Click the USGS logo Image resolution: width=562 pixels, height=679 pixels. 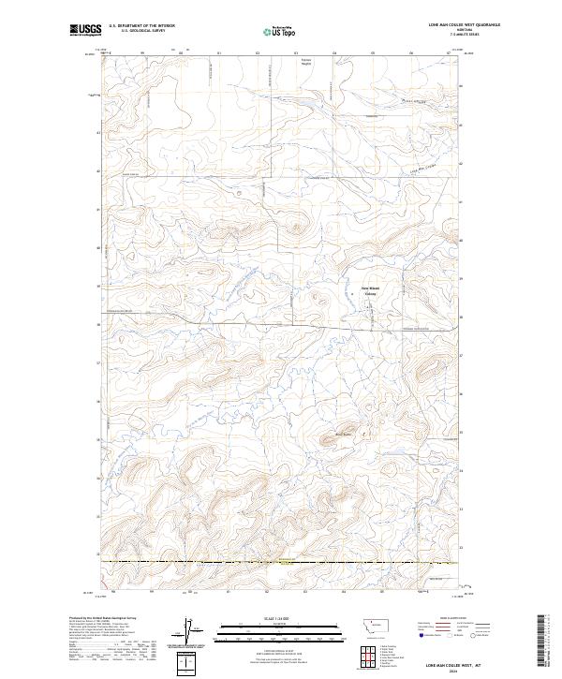click(85, 29)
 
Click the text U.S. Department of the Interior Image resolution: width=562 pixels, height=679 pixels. click(141, 26)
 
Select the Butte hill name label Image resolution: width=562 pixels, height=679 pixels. click(343, 434)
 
